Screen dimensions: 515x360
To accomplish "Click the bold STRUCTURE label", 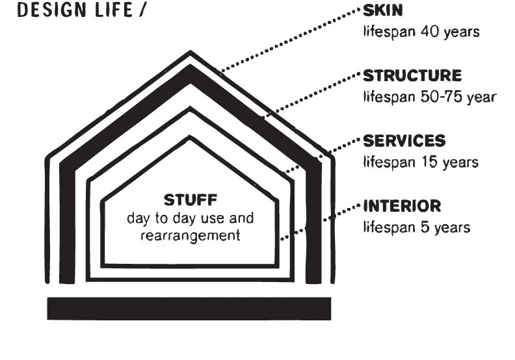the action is [x=412, y=75].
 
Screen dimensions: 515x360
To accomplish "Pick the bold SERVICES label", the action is [x=404, y=141].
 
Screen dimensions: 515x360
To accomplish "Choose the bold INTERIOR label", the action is [x=402, y=207].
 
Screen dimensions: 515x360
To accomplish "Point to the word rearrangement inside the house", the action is [x=190, y=234].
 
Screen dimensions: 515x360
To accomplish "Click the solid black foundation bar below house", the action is [x=189, y=309].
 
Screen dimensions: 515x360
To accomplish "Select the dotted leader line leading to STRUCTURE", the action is [x=312, y=94].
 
